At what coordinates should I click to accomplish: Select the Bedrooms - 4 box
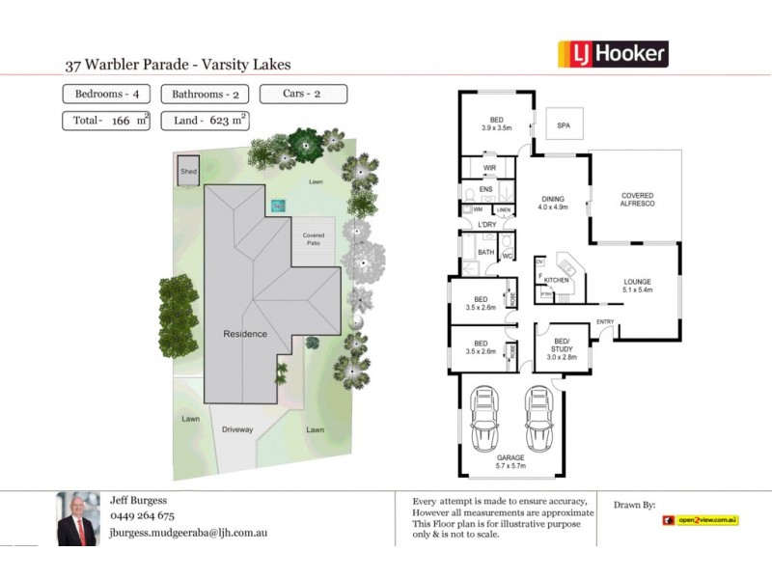[x=103, y=95]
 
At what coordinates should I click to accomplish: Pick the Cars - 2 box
[x=303, y=95]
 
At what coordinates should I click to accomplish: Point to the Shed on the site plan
[x=188, y=172]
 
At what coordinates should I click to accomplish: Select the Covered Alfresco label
[x=638, y=200]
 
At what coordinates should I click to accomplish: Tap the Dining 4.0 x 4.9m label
[x=553, y=202]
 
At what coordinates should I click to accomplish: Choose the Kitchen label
[x=557, y=279]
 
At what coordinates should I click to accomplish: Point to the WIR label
[x=489, y=168]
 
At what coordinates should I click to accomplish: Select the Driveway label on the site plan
[x=237, y=429]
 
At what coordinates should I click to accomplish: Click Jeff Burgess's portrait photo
[x=78, y=519]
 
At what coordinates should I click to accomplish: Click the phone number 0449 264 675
[x=142, y=516]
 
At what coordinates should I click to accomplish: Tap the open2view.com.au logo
[x=701, y=520]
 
